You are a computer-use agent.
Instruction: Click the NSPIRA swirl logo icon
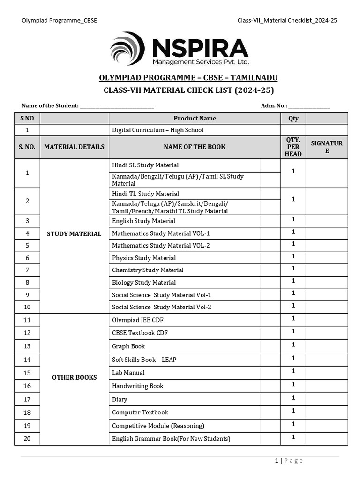(127, 48)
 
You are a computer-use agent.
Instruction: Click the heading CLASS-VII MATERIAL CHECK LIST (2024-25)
(188, 90)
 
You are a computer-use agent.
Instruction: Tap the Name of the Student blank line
(117, 106)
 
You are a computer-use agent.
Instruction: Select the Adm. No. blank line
(309, 106)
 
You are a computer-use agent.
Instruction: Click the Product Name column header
(195, 119)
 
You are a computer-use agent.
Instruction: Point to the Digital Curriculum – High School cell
(157, 130)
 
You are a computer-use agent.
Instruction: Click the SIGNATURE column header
(326, 147)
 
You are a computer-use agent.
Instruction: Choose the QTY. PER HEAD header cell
(293, 147)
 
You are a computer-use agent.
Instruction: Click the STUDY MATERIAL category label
(74, 233)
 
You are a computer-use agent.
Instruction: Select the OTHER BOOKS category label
(74, 377)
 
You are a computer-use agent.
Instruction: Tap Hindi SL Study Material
(145, 165)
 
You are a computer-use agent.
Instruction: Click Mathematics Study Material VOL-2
(161, 246)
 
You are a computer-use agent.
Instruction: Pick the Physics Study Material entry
(144, 258)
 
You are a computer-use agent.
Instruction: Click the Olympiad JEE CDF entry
(138, 320)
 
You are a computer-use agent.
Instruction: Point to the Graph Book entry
(128, 346)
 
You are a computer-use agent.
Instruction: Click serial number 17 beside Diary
(27, 399)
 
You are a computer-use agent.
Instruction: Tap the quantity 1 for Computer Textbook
(293, 411)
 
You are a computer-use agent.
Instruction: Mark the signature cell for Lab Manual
(326, 373)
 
